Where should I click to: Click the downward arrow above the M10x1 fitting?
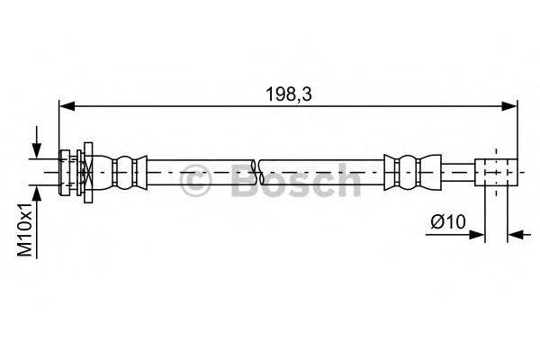pyautogui.click(x=36, y=145)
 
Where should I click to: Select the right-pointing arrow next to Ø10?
pyautogui.click(x=478, y=236)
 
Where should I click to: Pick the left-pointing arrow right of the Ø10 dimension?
pyautogui.click(x=516, y=236)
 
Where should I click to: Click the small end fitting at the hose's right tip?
pyautogui.click(x=497, y=170)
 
